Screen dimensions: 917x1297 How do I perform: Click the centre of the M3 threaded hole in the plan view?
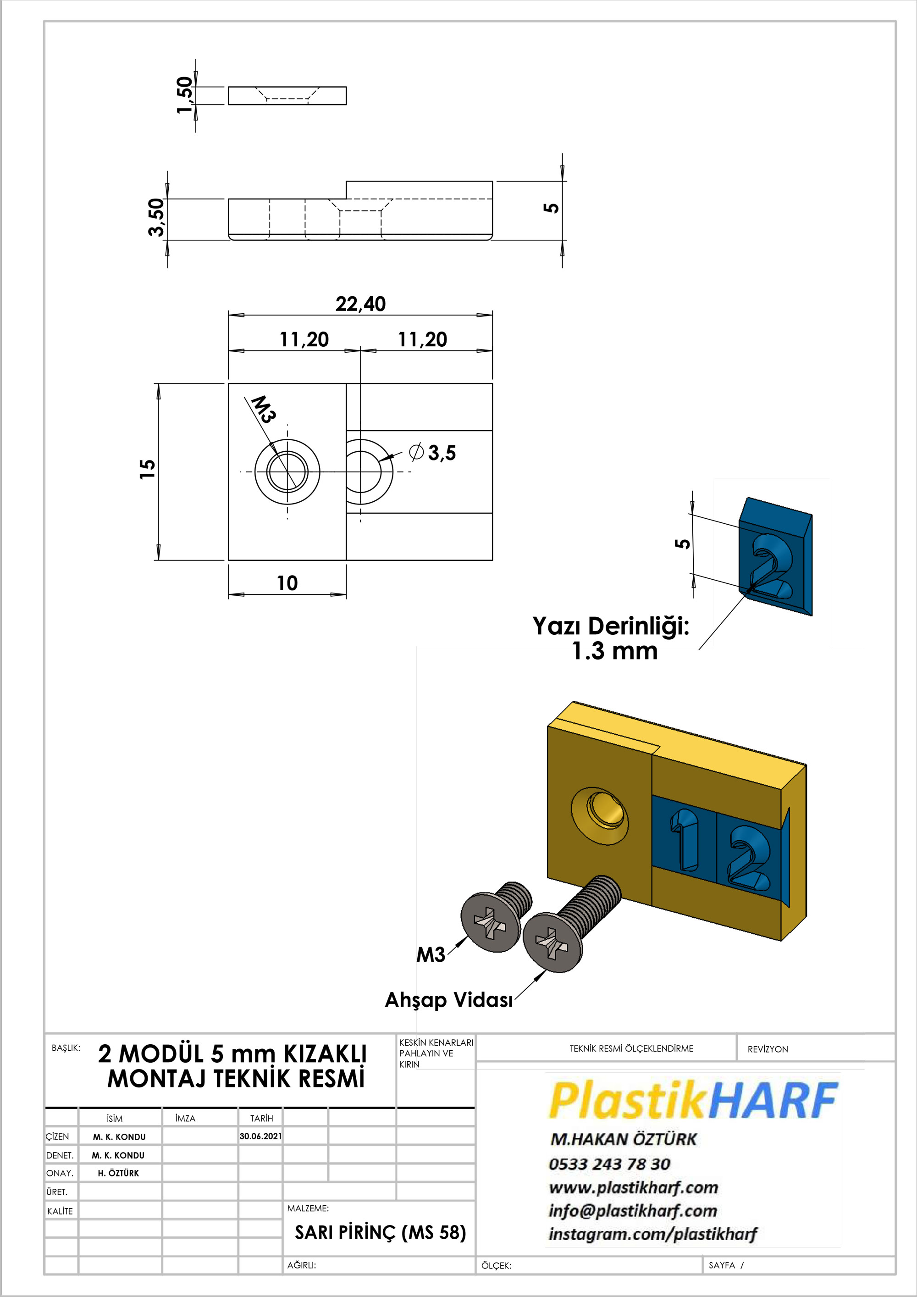287,471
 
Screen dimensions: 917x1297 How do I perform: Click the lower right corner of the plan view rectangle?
492,560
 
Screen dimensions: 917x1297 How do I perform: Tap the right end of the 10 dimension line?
346,594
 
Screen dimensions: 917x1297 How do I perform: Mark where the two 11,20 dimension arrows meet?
360,351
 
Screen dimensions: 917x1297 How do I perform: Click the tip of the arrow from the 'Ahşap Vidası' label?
546,970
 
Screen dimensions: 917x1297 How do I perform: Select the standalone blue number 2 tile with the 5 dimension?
775,556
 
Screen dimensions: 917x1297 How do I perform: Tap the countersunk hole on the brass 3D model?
600,816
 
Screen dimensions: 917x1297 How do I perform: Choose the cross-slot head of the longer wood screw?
552,943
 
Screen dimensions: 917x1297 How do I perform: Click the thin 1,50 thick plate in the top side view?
287,96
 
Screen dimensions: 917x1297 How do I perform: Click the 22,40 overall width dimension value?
360,304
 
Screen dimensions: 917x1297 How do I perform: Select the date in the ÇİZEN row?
260,1136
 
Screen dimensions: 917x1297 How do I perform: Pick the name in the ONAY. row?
119,1173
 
